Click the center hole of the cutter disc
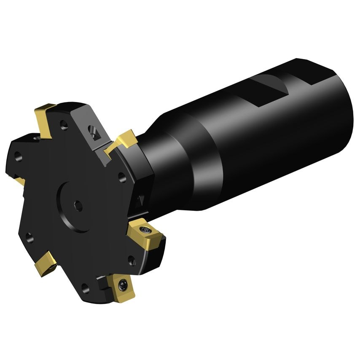[x=78, y=205]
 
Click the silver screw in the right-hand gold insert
[x=146, y=229]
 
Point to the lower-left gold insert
[x=45, y=263]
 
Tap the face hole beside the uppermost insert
[x=64, y=124]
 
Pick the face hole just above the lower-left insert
[x=29, y=236]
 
